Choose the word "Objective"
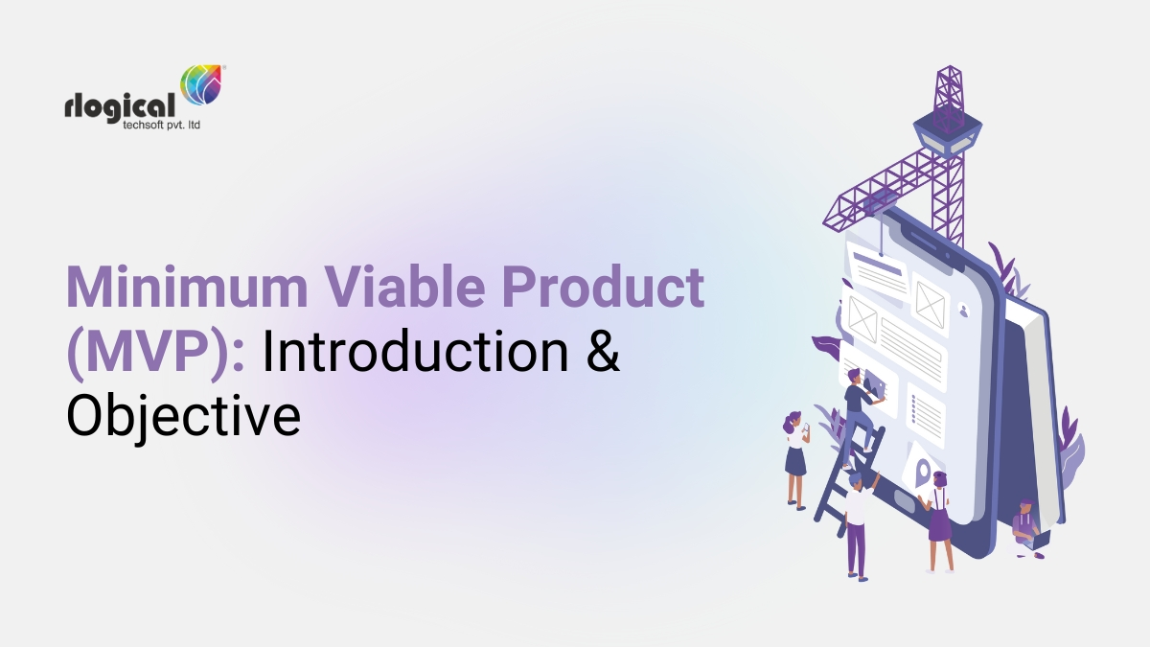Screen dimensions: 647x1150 [x=182, y=418]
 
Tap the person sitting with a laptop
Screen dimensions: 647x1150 [x=1026, y=524]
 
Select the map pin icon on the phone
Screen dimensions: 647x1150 [x=923, y=472]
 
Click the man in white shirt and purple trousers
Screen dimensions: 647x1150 [x=856, y=522]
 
